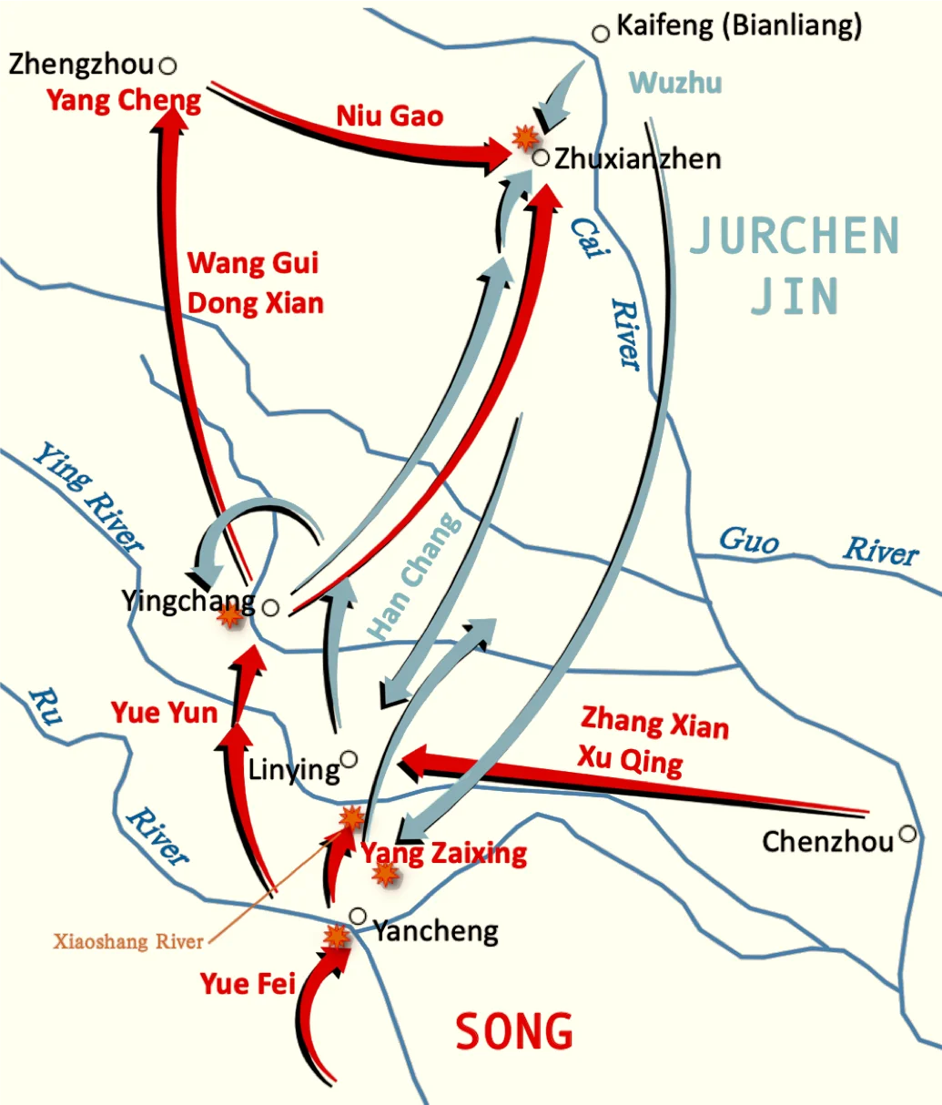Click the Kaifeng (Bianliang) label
tap(738, 25)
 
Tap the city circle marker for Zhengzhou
tap(167, 66)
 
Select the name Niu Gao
tap(390, 116)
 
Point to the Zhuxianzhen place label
tap(637, 158)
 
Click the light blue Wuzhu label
tap(675, 83)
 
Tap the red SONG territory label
tap(514, 1031)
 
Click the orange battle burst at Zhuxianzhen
tap(524, 137)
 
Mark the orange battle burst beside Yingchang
tap(230, 615)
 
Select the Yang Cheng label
tap(124, 99)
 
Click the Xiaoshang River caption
tap(128, 941)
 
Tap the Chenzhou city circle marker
tap(907, 833)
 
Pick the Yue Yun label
tap(164, 712)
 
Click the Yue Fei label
tap(248, 984)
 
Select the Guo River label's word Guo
tap(749, 540)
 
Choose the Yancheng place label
tap(436, 930)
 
